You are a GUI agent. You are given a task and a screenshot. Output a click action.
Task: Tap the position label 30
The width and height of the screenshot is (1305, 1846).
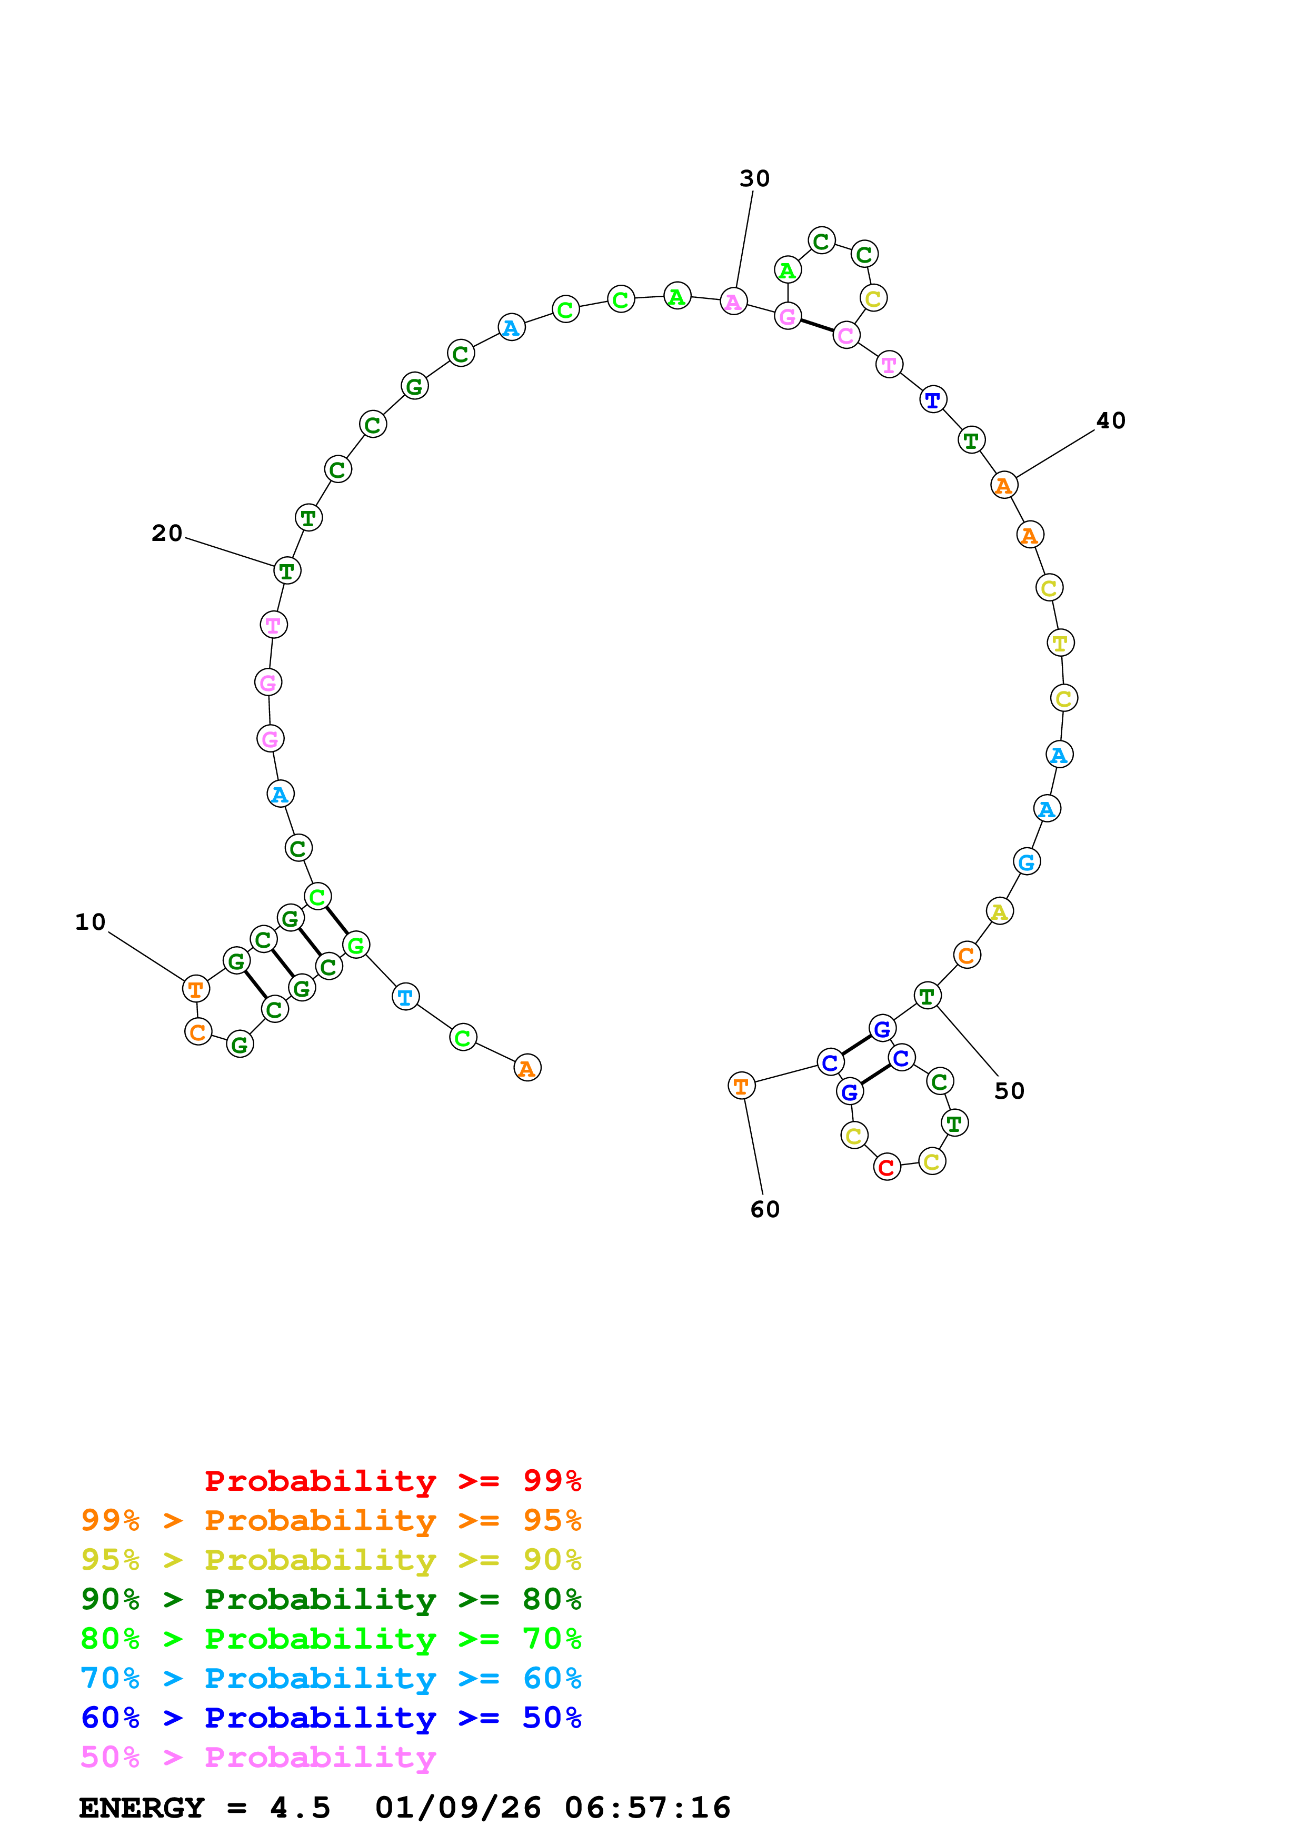tap(754, 178)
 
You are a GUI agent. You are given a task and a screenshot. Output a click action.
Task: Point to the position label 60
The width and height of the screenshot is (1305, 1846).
tap(765, 1209)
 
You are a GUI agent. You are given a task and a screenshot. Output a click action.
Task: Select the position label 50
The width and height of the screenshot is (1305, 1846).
tap(1009, 1091)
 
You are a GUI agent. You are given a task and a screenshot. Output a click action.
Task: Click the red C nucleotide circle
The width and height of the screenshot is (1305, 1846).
tap(887, 1167)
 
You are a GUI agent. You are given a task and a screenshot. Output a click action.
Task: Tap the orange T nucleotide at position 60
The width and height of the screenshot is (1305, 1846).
tap(741, 1086)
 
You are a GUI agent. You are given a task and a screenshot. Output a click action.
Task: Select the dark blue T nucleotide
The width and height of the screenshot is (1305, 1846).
tap(933, 399)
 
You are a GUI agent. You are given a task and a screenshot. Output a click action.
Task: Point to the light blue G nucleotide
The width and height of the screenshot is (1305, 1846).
tap(1027, 862)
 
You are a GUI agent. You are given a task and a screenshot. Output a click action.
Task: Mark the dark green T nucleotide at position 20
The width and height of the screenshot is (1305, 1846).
tap(287, 571)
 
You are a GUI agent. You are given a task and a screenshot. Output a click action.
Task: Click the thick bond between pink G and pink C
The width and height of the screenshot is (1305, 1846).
tap(817, 326)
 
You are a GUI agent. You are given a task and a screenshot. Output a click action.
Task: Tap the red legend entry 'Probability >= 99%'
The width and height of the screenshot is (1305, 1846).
tap(392, 1481)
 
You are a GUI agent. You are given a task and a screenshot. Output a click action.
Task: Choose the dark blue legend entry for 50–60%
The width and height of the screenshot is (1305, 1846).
tap(331, 1718)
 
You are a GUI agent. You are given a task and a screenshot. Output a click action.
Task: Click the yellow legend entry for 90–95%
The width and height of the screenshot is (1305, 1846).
tap(331, 1560)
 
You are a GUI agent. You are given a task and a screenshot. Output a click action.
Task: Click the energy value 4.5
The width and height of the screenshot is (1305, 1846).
tap(300, 1808)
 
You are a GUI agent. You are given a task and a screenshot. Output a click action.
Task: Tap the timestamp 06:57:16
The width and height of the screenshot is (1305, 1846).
tap(647, 1808)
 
